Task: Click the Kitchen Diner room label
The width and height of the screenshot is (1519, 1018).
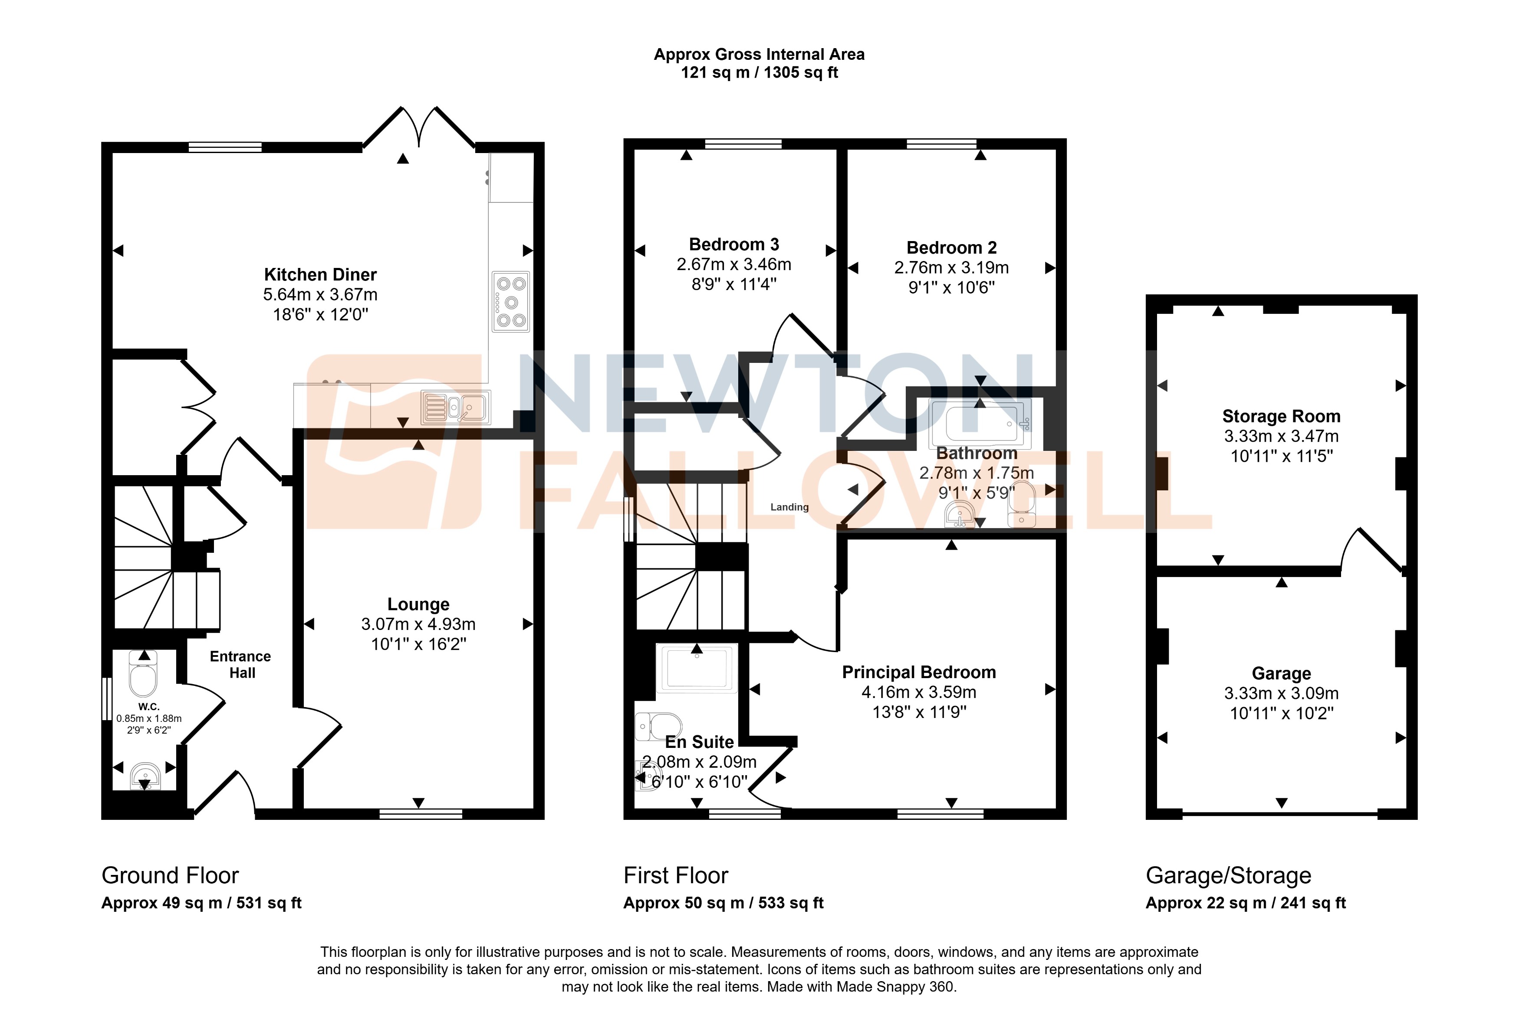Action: click(320, 274)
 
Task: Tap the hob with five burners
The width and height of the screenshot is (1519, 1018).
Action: click(511, 302)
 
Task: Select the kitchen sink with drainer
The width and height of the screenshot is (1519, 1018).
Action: click(455, 407)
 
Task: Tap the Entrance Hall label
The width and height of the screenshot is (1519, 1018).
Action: click(240, 664)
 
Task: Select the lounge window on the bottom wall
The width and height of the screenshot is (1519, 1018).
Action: click(421, 813)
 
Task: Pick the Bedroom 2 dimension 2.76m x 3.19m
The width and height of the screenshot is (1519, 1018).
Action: click(951, 268)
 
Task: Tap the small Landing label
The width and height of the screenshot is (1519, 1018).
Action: click(789, 507)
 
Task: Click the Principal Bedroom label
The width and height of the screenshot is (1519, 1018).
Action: click(919, 672)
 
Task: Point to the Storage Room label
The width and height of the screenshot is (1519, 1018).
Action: click(1281, 416)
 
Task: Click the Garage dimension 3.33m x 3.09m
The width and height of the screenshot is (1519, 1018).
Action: click(1281, 693)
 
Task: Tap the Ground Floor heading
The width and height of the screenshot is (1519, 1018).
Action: click(170, 876)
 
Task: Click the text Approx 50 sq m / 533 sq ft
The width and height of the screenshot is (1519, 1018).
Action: click(723, 903)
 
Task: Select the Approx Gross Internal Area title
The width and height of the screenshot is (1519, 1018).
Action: click(759, 55)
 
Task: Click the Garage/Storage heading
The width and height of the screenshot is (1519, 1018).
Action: click(1228, 876)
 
